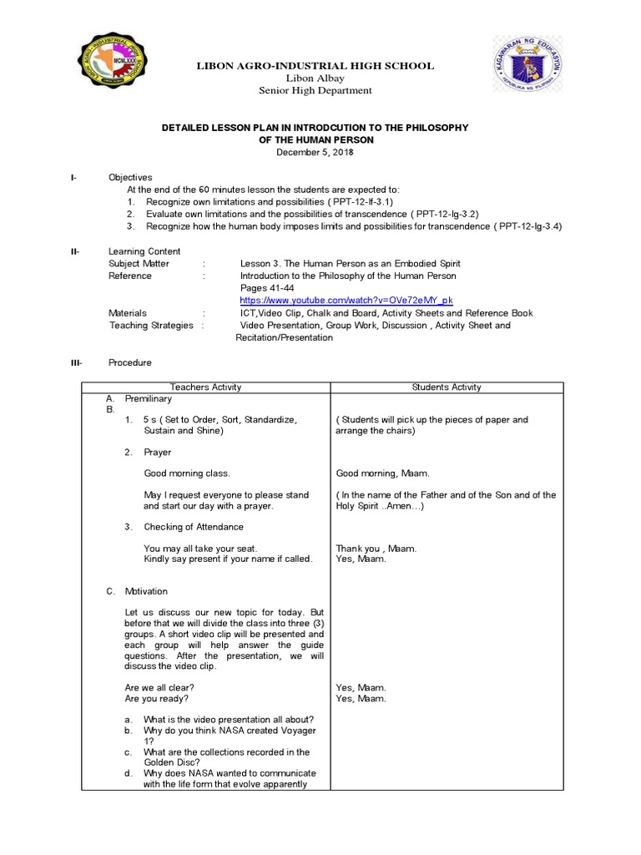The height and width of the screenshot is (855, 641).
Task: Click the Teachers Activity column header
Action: [205, 387]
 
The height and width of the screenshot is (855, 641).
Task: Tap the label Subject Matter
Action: [139, 263]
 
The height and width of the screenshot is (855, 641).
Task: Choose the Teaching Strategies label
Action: [151, 325]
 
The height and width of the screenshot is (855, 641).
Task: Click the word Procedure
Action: [130, 362]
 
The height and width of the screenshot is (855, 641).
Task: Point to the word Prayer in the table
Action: [158, 452]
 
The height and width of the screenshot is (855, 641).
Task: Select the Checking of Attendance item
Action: [194, 527]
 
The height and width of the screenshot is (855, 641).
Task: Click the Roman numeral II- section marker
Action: [74, 251]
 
